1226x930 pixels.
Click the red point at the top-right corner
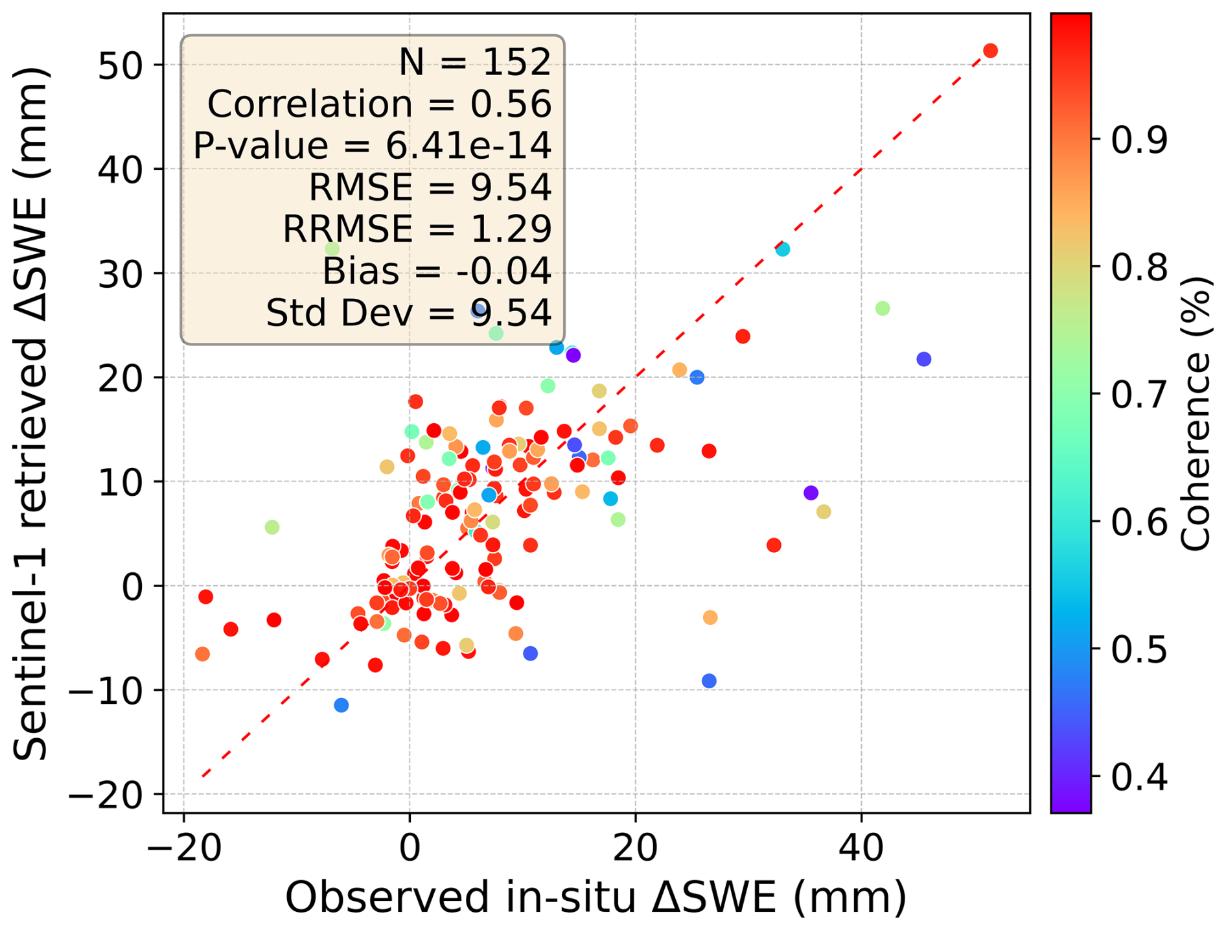pos(990,51)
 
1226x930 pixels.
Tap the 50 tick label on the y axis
pos(120,65)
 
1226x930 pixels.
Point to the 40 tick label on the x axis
pos(861,848)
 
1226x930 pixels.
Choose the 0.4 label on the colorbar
pos(1139,776)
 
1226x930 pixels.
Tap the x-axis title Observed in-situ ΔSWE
pos(596,898)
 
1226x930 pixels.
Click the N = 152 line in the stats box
pos(474,62)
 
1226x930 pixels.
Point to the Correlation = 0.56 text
pos(379,104)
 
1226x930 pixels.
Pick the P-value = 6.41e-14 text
pos(372,145)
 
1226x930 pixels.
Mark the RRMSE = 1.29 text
pos(417,229)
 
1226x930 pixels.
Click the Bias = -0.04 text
pos(436,270)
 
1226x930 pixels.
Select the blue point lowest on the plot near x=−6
pos(341,705)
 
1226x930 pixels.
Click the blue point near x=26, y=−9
pos(709,681)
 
